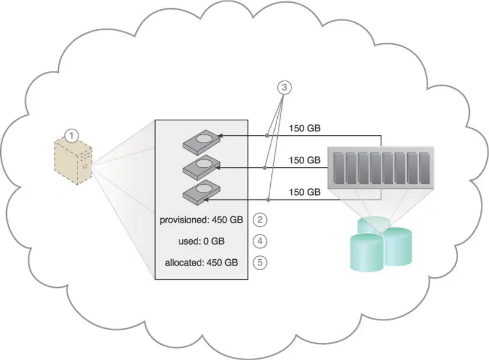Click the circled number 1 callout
pos(72,136)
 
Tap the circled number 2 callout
pos(260,220)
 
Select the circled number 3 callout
pos(284,88)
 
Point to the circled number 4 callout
pos(260,241)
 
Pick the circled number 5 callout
pos(260,263)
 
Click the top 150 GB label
pos(305,128)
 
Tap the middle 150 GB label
pos(305,160)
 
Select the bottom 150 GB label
pos(305,192)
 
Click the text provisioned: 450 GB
pos(201,220)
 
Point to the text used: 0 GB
pos(201,241)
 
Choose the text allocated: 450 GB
pos(201,263)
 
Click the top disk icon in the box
pos(202,141)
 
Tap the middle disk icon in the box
pos(202,167)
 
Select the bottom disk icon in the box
pos(202,192)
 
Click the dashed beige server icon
pos(73,162)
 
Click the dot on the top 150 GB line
pos(267,136)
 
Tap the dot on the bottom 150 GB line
pos(269,200)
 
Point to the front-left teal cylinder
pos(367,252)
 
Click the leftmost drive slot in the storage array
pos(338,168)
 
